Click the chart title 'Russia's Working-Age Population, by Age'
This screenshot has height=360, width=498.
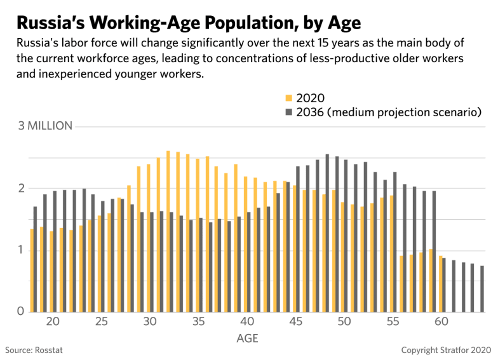click(188, 23)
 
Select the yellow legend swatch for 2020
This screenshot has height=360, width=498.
click(288, 98)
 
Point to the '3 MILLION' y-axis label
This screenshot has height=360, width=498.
click(45, 126)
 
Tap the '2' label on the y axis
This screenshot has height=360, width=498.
click(21, 189)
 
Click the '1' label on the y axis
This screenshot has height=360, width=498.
click(21, 250)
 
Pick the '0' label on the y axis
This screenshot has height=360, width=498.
click(21, 312)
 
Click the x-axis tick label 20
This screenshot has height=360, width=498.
click(53, 322)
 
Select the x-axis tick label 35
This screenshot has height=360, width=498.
click(198, 322)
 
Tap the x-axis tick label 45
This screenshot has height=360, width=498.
click(295, 322)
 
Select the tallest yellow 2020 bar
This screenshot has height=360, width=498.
click(168, 231)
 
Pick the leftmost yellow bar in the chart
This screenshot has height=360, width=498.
click(32, 270)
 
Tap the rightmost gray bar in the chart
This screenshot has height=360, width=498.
click(481, 289)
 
